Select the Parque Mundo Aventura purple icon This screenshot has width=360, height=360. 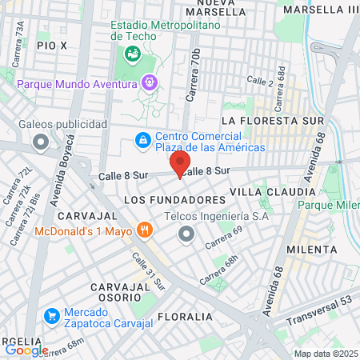tap(148, 82)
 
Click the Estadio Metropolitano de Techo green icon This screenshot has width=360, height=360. tap(131, 54)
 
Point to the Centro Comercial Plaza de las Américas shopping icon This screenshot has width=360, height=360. tap(142, 140)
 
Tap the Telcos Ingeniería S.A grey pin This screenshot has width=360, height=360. tap(186, 234)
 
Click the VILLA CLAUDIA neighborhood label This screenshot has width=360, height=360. tap(272, 192)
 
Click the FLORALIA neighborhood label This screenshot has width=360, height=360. tap(185, 316)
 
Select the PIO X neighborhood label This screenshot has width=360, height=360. tap(51, 47)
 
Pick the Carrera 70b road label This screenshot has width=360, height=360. tap(193, 75)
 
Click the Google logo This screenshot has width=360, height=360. tap(26, 350)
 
